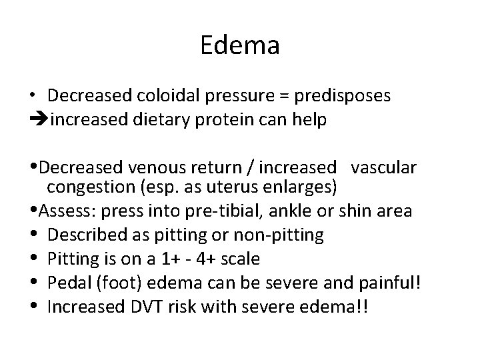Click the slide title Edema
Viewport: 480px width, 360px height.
(239, 47)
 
